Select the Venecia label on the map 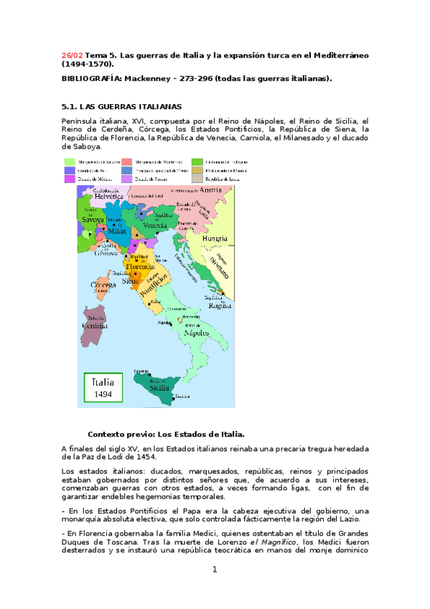click(156, 224)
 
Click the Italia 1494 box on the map click(102, 388)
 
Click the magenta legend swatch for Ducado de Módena click(70, 180)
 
